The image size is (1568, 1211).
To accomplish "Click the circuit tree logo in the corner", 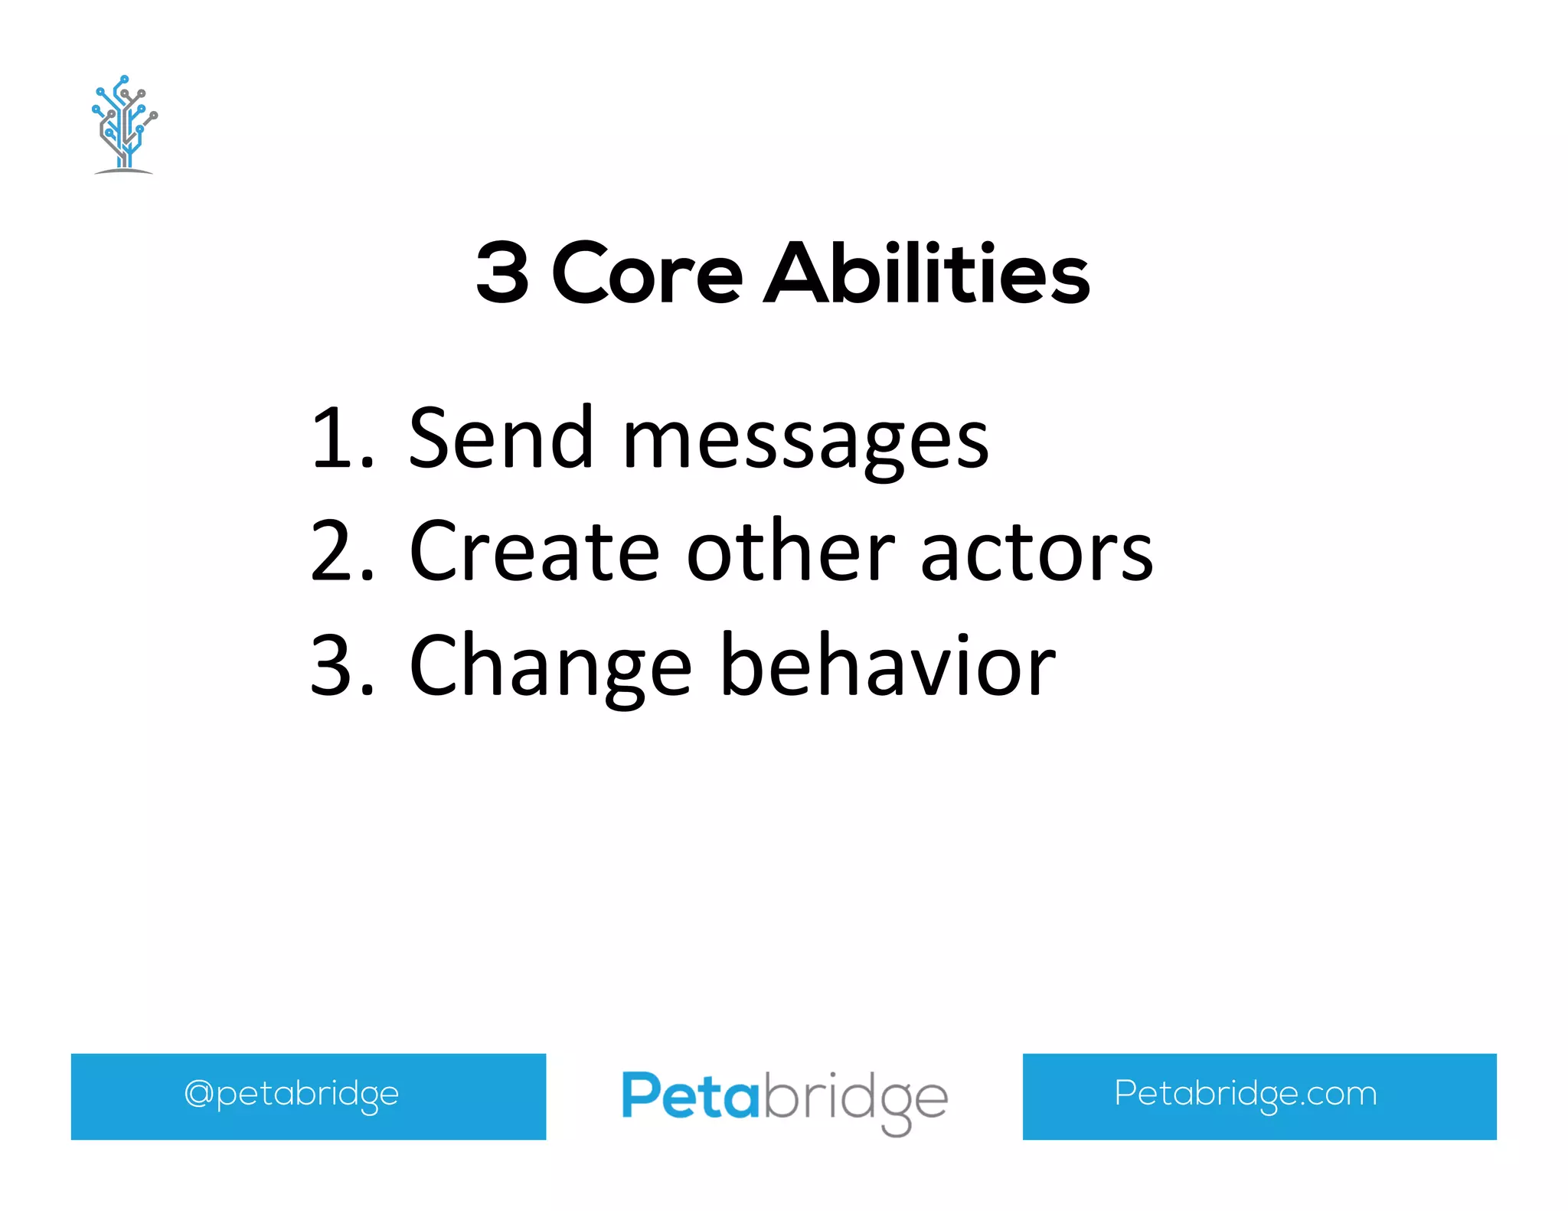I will click(x=124, y=125).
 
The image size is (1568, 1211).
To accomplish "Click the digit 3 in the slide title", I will click(x=502, y=273).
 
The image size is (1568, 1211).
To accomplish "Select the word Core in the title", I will click(x=647, y=273).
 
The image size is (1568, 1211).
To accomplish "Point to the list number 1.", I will click(x=341, y=439).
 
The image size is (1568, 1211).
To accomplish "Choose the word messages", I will click(x=805, y=442).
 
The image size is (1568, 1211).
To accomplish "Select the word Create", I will click(x=534, y=551).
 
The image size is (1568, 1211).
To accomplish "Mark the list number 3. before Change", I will click(x=342, y=665).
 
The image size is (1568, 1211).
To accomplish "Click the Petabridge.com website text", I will click(x=1245, y=1094).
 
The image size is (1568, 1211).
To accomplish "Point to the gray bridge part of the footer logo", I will click(x=855, y=1100).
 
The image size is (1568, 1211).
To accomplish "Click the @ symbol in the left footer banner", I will click(x=198, y=1093).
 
